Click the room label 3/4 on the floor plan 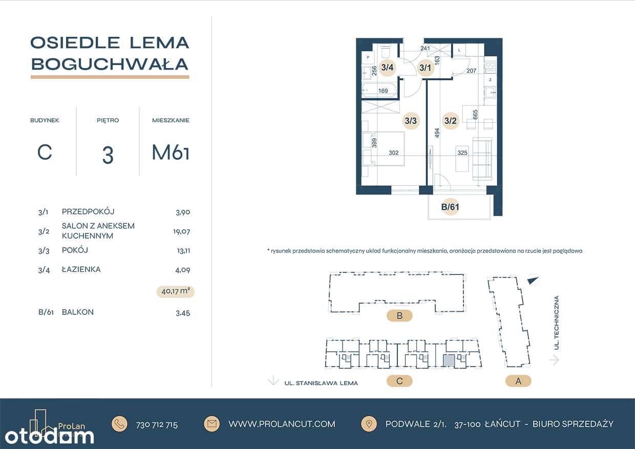point(387,67)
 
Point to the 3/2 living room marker point(451,121)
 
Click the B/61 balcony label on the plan point(450,207)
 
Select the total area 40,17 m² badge point(176,292)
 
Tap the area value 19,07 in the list point(181,231)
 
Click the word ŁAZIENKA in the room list point(81,269)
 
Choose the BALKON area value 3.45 point(182,313)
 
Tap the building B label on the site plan point(399,316)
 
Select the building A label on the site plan point(518,381)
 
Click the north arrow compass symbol point(533,280)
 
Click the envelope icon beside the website point(211,423)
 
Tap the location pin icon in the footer point(368,423)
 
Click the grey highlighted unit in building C point(448,361)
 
